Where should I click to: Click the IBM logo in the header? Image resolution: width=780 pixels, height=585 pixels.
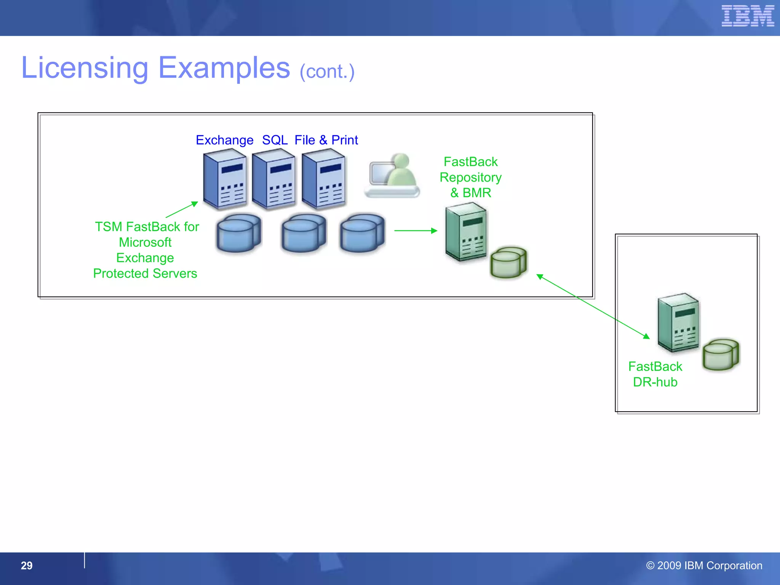click(x=747, y=16)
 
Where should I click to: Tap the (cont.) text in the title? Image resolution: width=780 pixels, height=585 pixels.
click(x=327, y=72)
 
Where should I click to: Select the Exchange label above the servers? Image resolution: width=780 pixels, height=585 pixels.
click(x=224, y=140)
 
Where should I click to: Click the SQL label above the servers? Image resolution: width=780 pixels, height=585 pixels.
click(x=275, y=140)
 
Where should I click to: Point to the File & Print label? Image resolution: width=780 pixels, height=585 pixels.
click(x=326, y=140)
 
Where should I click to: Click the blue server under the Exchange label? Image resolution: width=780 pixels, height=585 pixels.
click(x=225, y=179)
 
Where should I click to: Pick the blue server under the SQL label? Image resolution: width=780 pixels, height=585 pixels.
click(x=273, y=179)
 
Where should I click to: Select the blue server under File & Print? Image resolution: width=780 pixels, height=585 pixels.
click(x=323, y=179)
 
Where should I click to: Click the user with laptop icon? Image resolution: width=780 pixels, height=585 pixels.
click(x=393, y=176)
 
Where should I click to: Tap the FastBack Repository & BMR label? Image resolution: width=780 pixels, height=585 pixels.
click(x=470, y=177)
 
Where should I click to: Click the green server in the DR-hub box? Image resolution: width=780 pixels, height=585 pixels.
click(x=678, y=322)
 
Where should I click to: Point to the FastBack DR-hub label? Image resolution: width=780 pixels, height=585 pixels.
click(x=655, y=374)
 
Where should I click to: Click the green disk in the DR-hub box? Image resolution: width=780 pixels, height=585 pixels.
click(x=721, y=355)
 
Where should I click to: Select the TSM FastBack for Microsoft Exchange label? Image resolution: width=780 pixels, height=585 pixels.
click(x=146, y=250)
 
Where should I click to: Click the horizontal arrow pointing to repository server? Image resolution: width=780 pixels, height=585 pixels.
click(x=415, y=230)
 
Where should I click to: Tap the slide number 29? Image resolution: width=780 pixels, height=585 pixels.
click(x=27, y=566)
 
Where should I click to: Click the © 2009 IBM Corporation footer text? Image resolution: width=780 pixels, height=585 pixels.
click(x=704, y=566)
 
